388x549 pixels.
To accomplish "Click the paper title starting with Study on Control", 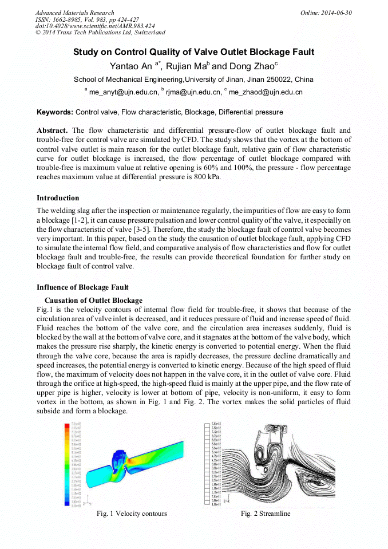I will coord(193,52).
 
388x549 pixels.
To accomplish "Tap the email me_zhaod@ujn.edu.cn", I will coord(266,92).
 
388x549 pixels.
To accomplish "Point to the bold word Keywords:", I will coord(55,112).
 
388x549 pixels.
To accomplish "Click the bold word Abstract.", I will coord(52,131).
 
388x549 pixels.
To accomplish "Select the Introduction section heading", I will coord(58,198).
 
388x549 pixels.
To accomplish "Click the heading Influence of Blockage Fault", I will coord(82,287).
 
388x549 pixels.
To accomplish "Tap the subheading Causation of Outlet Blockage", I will coord(93,301).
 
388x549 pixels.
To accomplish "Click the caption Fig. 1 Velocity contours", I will coord(132,514).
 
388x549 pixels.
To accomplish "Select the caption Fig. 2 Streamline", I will coord(266,514).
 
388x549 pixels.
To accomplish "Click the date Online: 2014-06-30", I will coord(326,13).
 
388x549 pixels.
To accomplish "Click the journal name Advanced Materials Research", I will coord(74,13).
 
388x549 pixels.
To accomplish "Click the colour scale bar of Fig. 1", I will coord(68,464).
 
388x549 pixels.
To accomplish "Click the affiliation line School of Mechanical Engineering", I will coord(193,79).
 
